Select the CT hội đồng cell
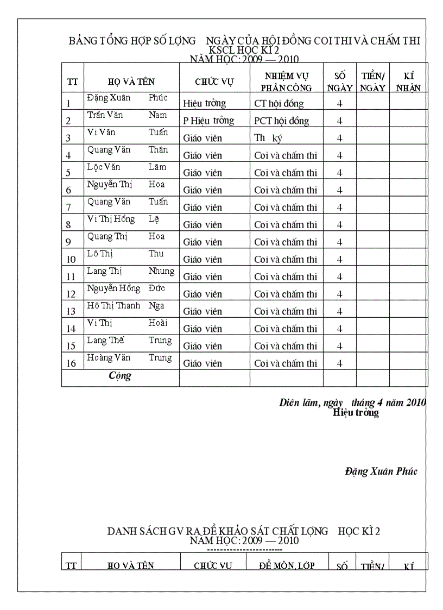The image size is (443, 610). coord(279,103)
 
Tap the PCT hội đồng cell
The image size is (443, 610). coord(281,121)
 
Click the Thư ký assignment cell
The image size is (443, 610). coord(268,138)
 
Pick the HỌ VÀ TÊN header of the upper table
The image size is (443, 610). coord(131,82)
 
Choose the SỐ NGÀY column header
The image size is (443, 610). coord(340,81)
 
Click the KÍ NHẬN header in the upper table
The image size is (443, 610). coord(408,81)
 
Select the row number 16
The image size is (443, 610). coord(71,363)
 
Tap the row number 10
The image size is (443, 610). coord(71,260)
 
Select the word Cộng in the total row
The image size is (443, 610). coord(120,375)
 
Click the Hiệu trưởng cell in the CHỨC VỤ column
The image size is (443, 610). coord(204,103)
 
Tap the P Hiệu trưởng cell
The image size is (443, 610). coord(208,121)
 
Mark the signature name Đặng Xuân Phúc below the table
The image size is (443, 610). coord(381,471)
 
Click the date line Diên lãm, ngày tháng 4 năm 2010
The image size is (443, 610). coord(352,403)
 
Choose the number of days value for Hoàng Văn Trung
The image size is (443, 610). coord(339,363)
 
